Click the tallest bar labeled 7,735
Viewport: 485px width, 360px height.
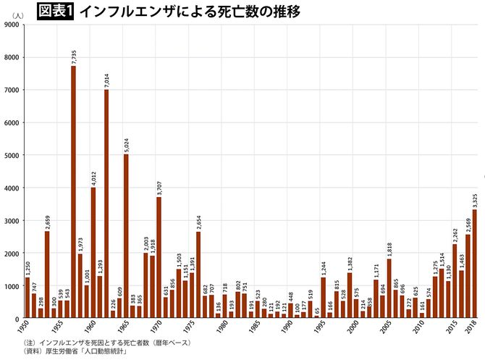coord(74,192)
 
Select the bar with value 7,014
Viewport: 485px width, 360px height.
coord(106,204)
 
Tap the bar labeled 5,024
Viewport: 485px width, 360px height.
coord(126,236)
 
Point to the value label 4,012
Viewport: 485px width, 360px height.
coord(93,178)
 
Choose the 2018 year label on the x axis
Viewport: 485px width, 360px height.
coord(473,329)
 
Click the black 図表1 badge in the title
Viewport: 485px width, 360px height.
coord(55,11)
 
